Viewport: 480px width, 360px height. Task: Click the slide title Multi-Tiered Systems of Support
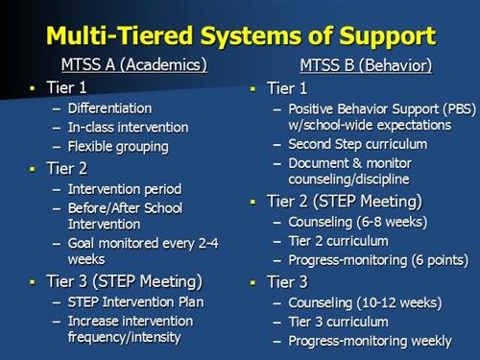click(240, 36)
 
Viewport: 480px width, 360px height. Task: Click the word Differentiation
click(109, 108)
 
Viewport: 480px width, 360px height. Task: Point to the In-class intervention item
click(128, 128)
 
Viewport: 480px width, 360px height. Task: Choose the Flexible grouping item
click(118, 147)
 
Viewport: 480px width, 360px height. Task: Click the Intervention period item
click(123, 189)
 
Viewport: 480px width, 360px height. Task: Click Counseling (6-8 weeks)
click(357, 222)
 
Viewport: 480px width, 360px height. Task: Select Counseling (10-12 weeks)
click(363, 303)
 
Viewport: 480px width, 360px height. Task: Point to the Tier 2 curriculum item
click(338, 240)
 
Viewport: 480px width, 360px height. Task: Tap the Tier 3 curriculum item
click(338, 322)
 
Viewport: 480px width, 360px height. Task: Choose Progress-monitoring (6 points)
click(378, 259)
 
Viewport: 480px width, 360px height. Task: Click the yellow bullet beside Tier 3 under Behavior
click(252, 284)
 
